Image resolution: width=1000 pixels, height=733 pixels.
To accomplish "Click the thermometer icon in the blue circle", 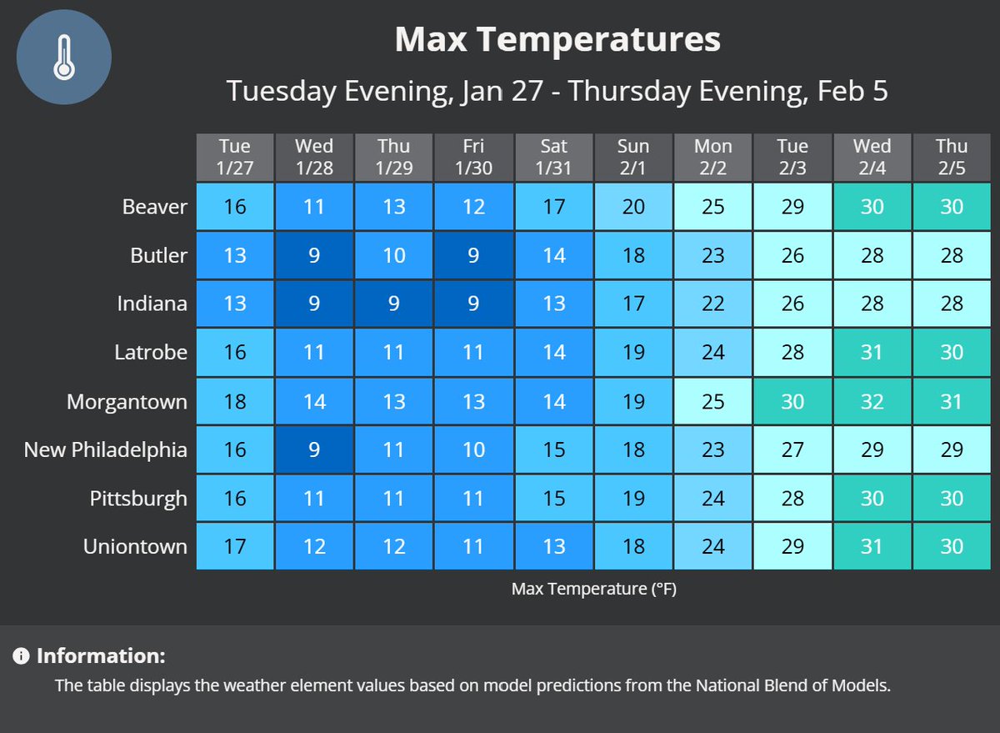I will pos(64,58).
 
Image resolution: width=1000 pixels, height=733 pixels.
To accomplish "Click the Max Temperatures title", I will pos(557,39).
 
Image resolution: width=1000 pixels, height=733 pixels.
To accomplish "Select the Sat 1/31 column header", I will pos(553,157).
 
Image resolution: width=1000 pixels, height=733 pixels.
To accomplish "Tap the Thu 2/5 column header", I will pos(951,157).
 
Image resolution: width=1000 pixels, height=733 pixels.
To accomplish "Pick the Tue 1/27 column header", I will pos(235,157).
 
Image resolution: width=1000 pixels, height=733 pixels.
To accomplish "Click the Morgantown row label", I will pos(127,402).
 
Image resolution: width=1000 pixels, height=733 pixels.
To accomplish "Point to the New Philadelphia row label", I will pos(106,450).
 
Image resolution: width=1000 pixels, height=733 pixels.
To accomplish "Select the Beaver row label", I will pos(155,206).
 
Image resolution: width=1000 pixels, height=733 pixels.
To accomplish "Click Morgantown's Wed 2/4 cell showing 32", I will pos(872,402).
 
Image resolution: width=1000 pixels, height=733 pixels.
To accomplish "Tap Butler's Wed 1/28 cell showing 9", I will pos(314,255).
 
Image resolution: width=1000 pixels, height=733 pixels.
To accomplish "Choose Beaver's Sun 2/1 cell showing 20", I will pos(633,206).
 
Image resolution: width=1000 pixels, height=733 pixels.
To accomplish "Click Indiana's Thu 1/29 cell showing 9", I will pos(394,304).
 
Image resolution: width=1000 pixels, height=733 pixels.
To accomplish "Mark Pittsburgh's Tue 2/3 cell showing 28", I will pos(792,499).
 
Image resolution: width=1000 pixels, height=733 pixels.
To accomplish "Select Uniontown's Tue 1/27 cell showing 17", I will pos(235,547).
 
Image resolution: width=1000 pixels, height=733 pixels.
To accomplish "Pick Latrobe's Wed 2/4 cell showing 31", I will pos(872,353).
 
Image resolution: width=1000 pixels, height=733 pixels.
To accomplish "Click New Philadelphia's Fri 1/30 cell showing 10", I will pos(473,450).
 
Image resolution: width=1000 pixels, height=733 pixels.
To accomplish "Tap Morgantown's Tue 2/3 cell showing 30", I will pos(792,402).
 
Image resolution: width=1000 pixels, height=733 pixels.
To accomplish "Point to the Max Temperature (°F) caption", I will pos(593,590).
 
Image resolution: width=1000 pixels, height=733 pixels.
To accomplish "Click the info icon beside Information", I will pos(21,656).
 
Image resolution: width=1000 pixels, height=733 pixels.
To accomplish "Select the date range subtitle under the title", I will pos(557,90).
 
